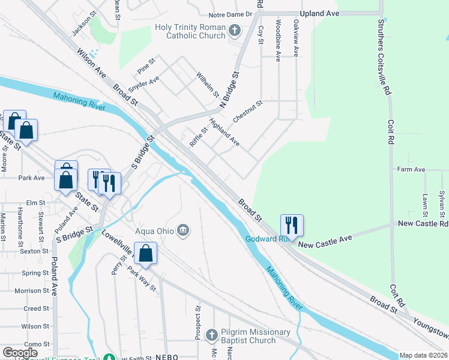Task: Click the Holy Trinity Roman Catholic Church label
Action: pyautogui.click(x=190, y=31)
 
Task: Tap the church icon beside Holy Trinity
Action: pyautogui.click(x=235, y=29)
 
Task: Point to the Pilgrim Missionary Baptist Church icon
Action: pyautogui.click(x=211, y=335)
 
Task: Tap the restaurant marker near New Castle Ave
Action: pyautogui.click(x=292, y=226)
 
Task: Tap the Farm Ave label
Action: pyautogui.click(x=411, y=170)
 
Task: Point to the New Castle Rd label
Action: pyautogui.click(x=423, y=223)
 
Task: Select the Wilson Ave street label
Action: pyautogui.click(x=91, y=63)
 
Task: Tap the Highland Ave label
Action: pyautogui.click(x=224, y=133)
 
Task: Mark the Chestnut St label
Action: pyautogui.click(x=248, y=112)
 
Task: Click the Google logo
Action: pyautogui.click(x=20, y=353)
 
